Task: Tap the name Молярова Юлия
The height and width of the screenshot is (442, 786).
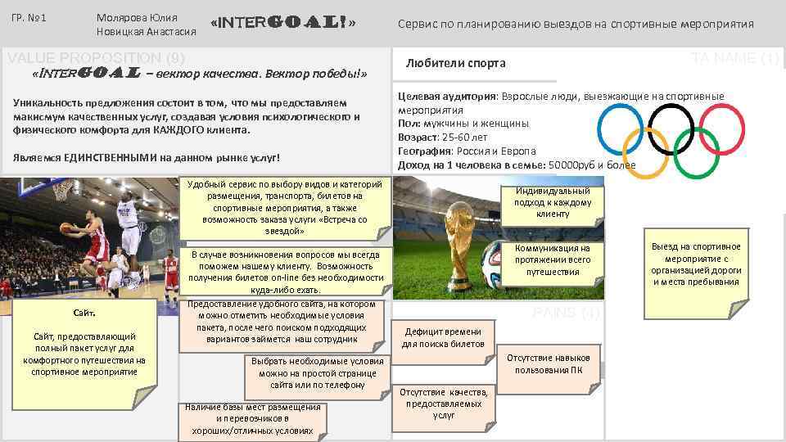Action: [x=136, y=17]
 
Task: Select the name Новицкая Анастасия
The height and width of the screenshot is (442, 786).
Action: [x=146, y=32]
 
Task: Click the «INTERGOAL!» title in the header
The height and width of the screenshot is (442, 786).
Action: [x=283, y=23]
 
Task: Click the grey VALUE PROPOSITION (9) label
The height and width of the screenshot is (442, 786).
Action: [x=97, y=57]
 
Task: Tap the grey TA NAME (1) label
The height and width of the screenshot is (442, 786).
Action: [x=734, y=58]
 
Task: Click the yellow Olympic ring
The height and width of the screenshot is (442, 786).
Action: [x=646, y=152]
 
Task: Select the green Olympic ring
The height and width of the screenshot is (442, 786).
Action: [x=695, y=152]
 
